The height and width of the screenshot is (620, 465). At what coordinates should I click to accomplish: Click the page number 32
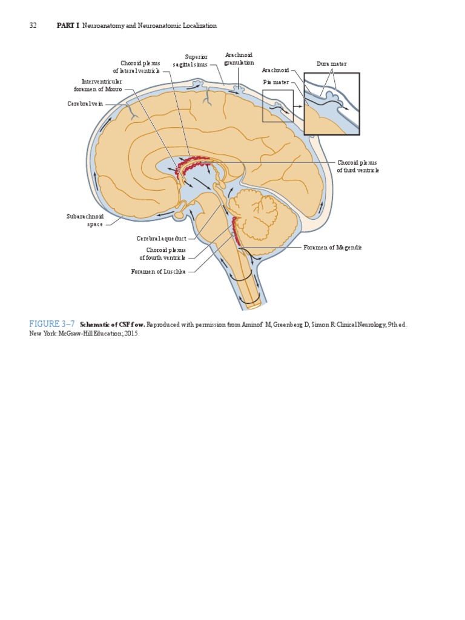[33, 25]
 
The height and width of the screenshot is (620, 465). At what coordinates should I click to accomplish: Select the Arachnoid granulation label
[239, 59]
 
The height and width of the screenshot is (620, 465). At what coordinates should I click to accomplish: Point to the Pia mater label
[275, 81]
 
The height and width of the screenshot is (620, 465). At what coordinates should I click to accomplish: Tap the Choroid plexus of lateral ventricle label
[140, 67]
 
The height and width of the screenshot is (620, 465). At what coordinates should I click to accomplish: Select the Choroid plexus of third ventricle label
[358, 167]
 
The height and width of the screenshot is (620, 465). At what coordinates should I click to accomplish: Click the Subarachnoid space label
[85, 220]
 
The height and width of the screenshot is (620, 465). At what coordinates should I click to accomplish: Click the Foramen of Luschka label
[159, 271]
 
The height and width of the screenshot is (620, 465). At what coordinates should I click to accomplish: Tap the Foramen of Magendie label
[332, 248]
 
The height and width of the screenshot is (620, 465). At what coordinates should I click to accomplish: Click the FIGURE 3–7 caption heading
[53, 325]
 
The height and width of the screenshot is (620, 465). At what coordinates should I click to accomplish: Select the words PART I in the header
[68, 25]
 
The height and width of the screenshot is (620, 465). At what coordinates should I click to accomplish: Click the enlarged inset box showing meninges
[331, 103]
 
